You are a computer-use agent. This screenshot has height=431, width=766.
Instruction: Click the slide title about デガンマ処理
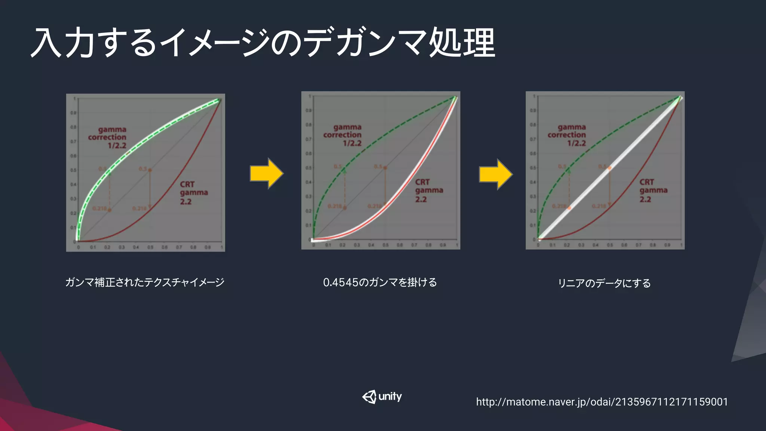point(263,43)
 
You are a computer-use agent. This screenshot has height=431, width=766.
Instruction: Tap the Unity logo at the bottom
point(382,397)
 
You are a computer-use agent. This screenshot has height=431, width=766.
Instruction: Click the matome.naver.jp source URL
point(602,402)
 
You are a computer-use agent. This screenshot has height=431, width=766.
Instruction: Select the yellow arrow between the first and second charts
point(267,174)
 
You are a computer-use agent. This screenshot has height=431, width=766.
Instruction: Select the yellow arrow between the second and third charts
point(496,174)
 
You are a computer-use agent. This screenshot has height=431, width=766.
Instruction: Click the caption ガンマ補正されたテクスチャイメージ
point(145,282)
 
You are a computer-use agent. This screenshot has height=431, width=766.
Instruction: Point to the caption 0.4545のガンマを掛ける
point(380,282)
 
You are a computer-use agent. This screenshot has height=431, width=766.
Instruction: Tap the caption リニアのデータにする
point(604,283)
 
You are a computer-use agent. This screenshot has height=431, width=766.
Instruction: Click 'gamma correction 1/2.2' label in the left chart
point(107,137)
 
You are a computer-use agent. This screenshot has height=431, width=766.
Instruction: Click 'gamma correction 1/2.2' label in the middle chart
point(343,135)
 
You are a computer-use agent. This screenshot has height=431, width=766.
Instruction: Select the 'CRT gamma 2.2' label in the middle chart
point(429,190)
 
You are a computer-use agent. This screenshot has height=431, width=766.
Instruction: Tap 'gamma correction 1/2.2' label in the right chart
point(567,135)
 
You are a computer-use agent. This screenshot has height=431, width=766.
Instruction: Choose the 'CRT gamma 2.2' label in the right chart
point(653,190)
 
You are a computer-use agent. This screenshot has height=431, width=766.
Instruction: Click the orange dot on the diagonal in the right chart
point(610,168)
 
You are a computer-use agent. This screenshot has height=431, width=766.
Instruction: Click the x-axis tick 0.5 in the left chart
point(150,247)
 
